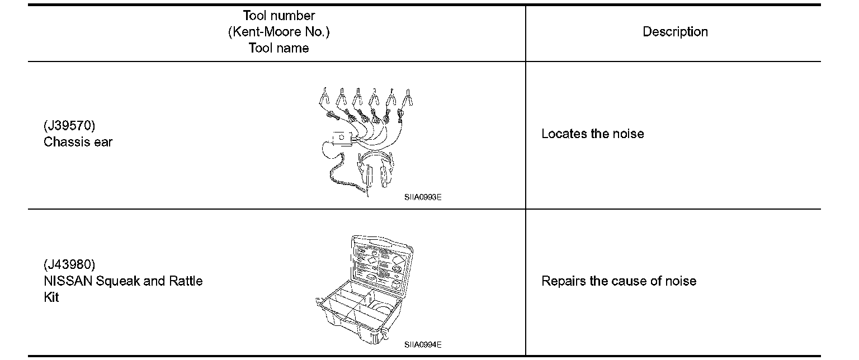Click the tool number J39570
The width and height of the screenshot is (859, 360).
pyautogui.click(x=69, y=125)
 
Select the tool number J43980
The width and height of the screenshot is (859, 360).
pyautogui.click(x=69, y=264)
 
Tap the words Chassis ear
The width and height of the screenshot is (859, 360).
pyautogui.click(x=78, y=142)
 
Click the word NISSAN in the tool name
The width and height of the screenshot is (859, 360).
pyautogui.click(x=68, y=281)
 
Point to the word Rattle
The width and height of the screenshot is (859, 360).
pyautogui.click(x=186, y=281)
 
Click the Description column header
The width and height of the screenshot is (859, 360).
pyautogui.click(x=675, y=32)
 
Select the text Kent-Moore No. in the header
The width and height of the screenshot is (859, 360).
pyautogui.click(x=279, y=32)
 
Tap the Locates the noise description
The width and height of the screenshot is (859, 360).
pyautogui.click(x=592, y=134)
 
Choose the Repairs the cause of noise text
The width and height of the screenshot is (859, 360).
pyautogui.click(x=619, y=281)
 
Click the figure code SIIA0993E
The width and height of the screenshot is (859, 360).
pyautogui.click(x=423, y=197)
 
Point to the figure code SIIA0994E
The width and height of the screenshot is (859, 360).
pyautogui.click(x=423, y=345)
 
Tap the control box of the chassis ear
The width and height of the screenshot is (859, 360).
pyautogui.click(x=342, y=138)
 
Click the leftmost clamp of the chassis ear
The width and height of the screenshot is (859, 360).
pyautogui.click(x=324, y=97)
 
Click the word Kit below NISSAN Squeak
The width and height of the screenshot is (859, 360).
pyautogui.click(x=51, y=297)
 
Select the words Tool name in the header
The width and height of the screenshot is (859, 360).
pyautogui.click(x=279, y=48)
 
